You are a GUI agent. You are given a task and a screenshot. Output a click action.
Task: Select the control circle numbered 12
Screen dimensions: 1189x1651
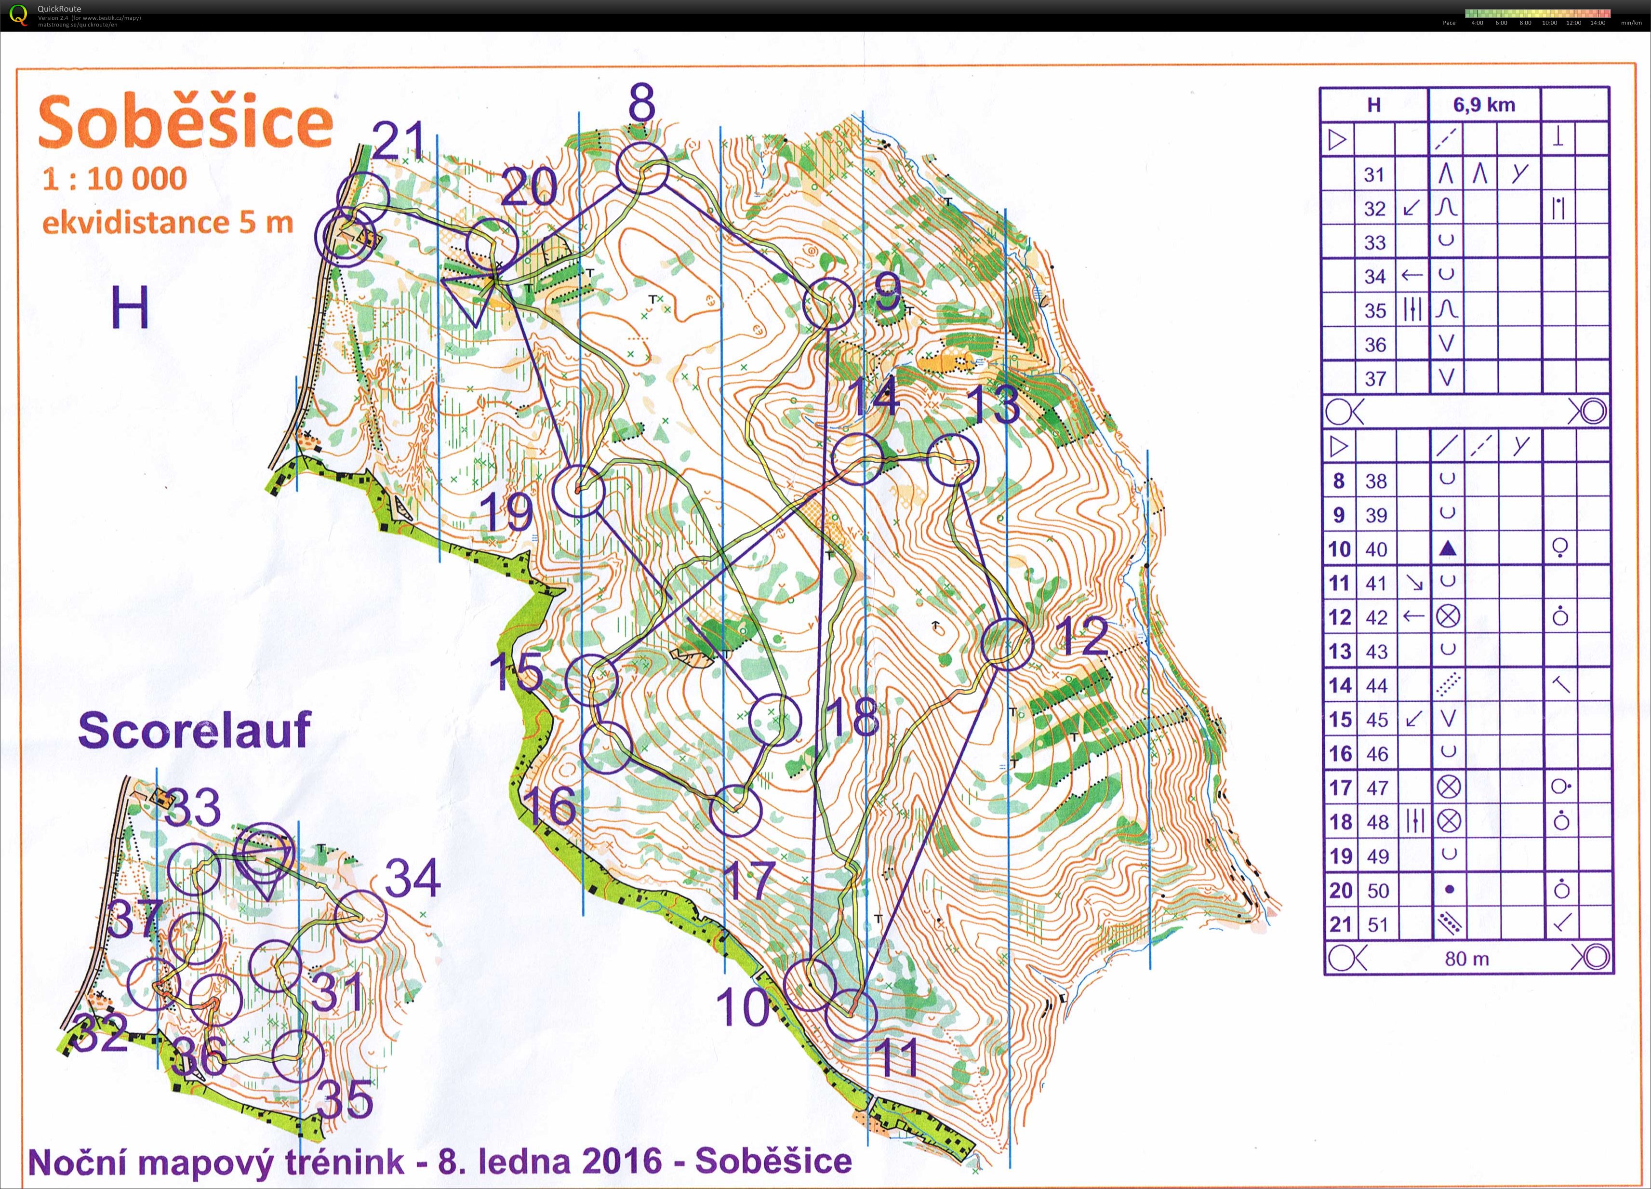click(x=1007, y=643)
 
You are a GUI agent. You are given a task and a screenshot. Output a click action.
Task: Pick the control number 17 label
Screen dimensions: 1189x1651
click(x=749, y=880)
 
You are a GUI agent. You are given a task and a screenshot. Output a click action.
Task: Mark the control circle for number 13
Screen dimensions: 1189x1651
click(x=952, y=460)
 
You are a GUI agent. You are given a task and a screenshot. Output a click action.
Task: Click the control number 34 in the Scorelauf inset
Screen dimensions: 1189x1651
click(x=413, y=878)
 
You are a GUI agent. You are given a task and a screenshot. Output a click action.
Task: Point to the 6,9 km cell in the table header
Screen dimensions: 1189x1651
click(x=1484, y=105)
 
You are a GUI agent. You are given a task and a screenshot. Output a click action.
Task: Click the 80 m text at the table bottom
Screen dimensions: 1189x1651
click(x=1466, y=959)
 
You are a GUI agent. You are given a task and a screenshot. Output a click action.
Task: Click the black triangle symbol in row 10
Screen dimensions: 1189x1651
click(x=1447, y=548)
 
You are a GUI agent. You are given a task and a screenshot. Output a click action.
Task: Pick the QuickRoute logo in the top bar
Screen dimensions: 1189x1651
click(x=18, y=14)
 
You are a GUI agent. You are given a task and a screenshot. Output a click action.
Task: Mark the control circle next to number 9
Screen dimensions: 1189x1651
click(x=828, y=304)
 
